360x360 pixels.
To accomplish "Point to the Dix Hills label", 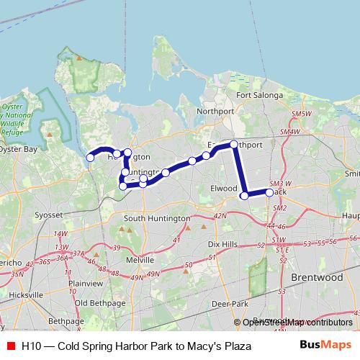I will tap(222, 245).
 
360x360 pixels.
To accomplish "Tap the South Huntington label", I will tap(156, 218).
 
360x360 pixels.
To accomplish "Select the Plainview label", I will tap(85, 283).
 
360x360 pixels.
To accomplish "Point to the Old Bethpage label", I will tap(101, 302).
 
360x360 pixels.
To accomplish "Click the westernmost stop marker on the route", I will tap(90, 158).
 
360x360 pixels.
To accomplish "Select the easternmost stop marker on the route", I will tap(269, 192).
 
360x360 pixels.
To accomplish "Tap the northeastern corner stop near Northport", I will tap(234, 145).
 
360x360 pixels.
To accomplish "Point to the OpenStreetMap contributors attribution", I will tap(296, 323).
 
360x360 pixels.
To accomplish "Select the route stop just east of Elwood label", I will tap(244, 195).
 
